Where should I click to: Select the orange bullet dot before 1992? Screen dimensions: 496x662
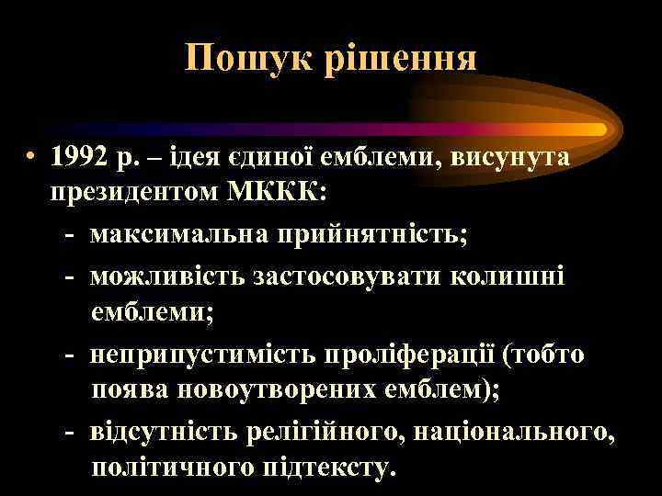(33, 156)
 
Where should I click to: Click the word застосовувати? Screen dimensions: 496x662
(344, 274)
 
